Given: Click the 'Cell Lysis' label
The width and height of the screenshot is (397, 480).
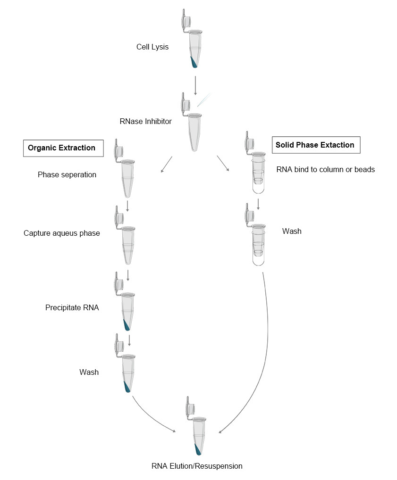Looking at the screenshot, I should click(152, 47).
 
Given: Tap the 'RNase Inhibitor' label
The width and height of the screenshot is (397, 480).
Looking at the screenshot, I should click(145, 122).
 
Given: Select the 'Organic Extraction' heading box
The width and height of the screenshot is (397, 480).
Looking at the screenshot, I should click(61, 148).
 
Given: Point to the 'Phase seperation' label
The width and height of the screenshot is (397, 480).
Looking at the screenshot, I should click(67, 175).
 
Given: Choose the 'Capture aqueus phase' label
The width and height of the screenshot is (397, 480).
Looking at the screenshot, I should click(62, 233).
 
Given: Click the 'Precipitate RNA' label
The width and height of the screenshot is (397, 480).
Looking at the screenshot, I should click(72, 308).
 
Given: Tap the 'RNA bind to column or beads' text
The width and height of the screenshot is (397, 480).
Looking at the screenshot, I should click(325, 169).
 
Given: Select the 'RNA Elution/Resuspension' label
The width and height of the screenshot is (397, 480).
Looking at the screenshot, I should click(197, 466).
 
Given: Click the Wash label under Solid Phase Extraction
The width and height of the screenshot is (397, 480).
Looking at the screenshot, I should click(292, 231).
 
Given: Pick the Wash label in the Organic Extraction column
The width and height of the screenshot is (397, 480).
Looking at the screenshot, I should click(89, 372).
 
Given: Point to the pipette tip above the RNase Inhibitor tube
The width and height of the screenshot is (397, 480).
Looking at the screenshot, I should click(203, 100).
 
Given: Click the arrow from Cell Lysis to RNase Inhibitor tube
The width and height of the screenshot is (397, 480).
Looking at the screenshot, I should click(195, 85).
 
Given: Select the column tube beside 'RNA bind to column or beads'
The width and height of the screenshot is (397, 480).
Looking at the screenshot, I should click(258, 172).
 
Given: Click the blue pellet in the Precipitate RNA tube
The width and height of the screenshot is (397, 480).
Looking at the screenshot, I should click(127, 324).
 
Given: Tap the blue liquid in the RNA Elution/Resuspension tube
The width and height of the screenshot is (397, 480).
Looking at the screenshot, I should click(197, 449).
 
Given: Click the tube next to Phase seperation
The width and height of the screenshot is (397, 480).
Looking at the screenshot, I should click(127, 178).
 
